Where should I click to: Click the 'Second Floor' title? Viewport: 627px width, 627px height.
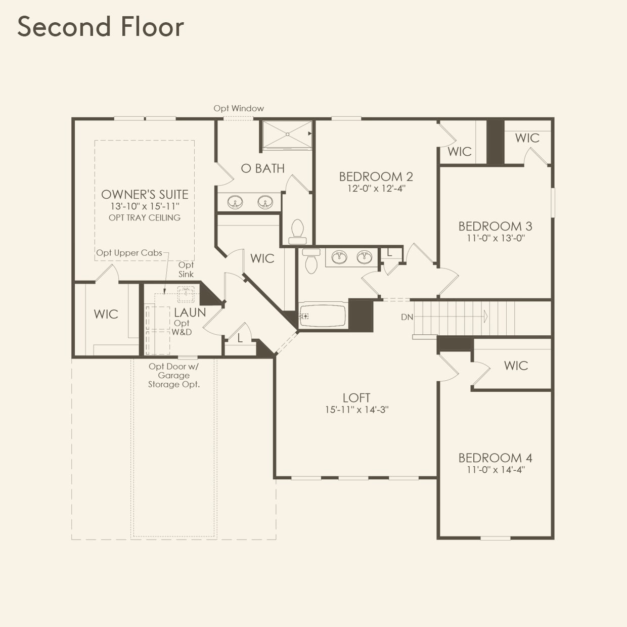coord(101,27)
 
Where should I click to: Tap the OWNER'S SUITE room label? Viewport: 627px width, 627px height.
coord(145,195)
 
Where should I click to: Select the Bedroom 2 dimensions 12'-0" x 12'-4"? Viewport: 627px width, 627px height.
coord(376,189)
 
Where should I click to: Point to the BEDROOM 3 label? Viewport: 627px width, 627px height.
coord(495,226)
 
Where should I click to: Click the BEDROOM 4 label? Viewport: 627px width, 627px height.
coord(495,458)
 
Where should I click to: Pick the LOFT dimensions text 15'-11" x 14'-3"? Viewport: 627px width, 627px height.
coord(356,410)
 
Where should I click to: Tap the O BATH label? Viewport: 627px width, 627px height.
coord(263,168)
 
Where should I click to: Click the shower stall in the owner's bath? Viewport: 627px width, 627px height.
coord(287,135)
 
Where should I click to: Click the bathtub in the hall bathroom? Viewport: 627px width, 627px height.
coord(323,316)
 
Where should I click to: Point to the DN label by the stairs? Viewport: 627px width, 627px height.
coord(407,317)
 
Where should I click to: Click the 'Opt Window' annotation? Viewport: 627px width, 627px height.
coord(239,108)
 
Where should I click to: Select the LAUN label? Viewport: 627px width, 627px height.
coord(190,312)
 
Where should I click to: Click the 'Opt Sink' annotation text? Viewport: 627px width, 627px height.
coord(186,270)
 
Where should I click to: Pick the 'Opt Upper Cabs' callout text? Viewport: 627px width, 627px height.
coord(129,253)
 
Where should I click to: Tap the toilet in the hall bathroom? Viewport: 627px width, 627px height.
coord(311,261)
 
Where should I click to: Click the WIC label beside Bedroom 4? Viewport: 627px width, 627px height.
coord(516,366)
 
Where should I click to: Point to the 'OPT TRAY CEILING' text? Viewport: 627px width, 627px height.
coord(145,217)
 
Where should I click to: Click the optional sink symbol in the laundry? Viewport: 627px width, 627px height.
coord(186,294)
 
